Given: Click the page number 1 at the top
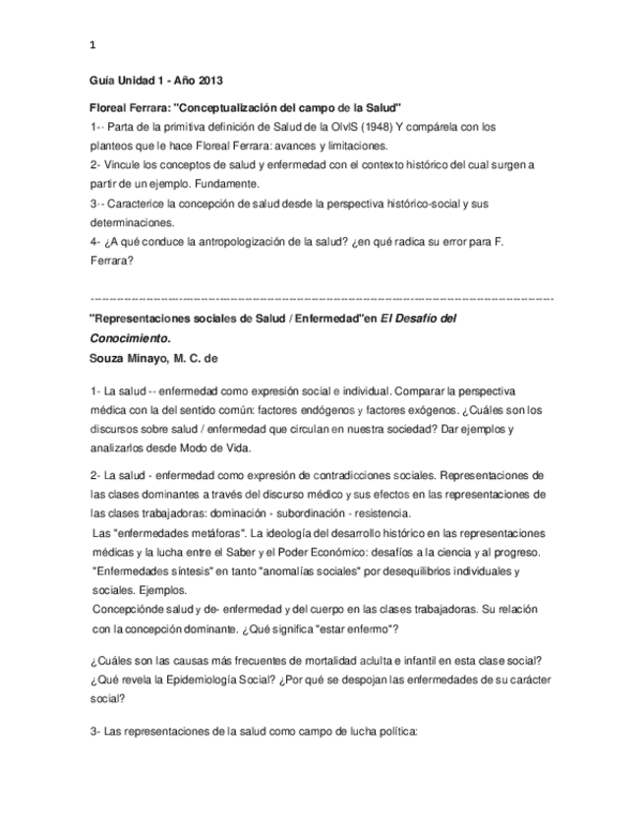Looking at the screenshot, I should [92, 45].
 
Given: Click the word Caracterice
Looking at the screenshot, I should [140, 203].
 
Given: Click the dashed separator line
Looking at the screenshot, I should [322, 297].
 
